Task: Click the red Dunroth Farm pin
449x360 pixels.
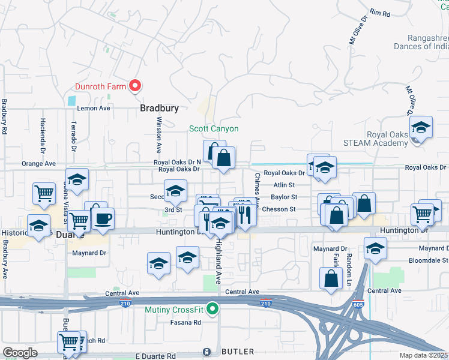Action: pyautogui.click(x=135, y=86)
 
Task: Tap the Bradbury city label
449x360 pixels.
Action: pyautogui.click(x=159, y=109)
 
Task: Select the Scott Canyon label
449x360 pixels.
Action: pyautogui.click(x=214, y=128)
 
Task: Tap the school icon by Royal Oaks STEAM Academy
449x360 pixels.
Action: pyautogui.click(x=421, y=128)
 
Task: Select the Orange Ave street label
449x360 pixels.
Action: pyautogui.click(x=38, y=163)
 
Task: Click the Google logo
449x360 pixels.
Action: pyautogui.click(x=20, y=353)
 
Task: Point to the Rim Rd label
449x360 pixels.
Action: pyautogui.click(x=381, y=13)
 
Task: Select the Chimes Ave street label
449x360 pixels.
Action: pyautogui.click(x=258, y=187)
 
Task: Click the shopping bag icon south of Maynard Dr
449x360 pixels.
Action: pyautogui.click(x=331, y=278)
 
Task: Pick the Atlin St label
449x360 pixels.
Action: pyautogui.click(x=284, y=185)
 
